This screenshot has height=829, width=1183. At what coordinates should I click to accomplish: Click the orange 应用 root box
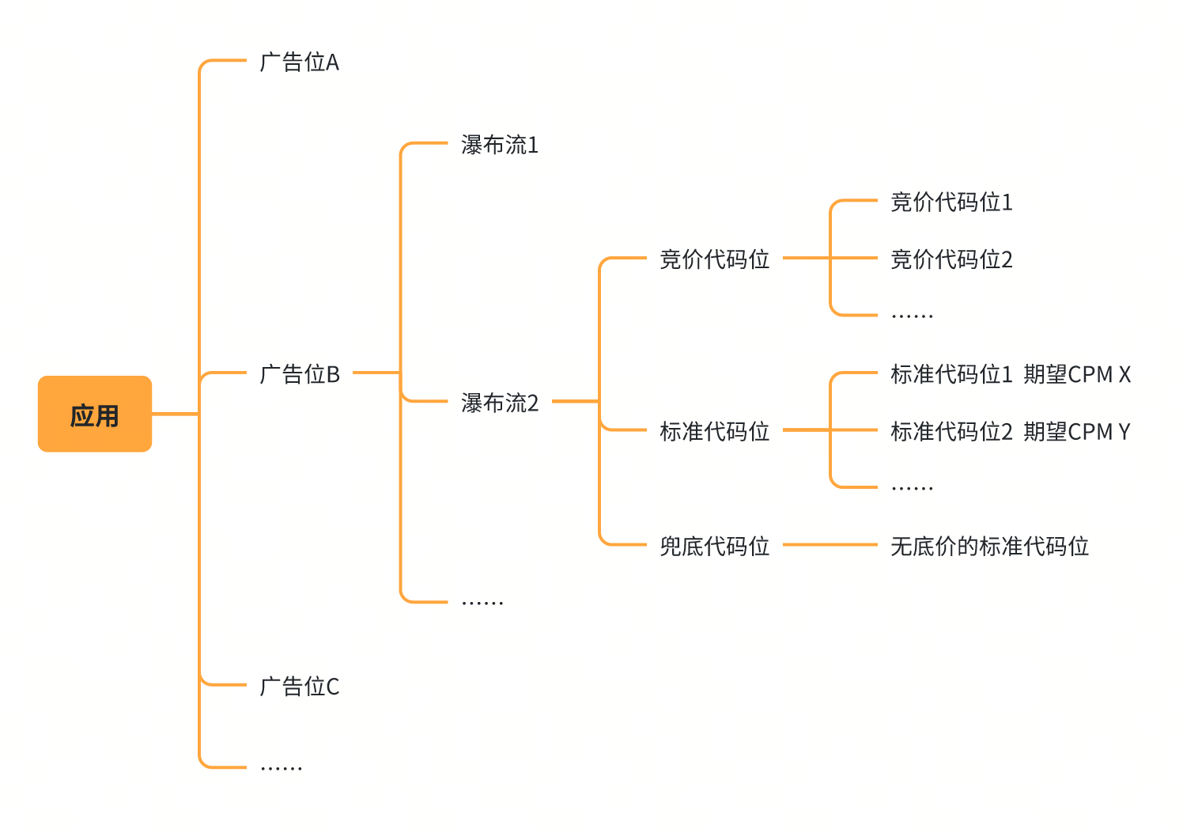(95, 414)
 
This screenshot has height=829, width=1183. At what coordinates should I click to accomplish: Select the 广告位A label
(299, 62)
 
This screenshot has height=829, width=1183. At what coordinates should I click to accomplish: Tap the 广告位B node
(300, 374)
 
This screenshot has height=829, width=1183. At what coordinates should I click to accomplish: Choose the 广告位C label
(300, 687)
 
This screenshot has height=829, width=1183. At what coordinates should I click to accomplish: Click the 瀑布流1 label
(500, 146)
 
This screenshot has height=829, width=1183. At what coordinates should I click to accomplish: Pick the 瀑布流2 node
(500, 403)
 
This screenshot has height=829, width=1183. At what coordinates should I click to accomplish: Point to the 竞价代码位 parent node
(714, 259)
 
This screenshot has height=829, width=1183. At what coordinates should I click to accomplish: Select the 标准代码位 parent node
(714, 432)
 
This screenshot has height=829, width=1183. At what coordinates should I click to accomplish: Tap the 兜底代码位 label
(714, 547)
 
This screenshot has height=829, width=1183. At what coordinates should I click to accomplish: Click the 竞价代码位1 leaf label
(951, 203)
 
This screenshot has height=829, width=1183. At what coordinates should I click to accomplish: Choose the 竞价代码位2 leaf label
(951, 259)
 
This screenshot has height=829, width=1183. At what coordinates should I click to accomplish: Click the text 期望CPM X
(1077, 374)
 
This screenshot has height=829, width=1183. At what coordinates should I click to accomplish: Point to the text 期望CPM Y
(1077, 432)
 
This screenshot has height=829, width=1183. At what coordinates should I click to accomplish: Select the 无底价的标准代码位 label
(989, 547)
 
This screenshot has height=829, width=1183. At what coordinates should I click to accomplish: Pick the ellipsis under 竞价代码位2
(912, 316)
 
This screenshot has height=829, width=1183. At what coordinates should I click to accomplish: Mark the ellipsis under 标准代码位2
(912, 488)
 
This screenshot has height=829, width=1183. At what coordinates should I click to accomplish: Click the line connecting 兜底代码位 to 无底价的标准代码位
(830, 545)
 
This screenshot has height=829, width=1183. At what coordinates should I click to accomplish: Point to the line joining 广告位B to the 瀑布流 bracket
(376, 373)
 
